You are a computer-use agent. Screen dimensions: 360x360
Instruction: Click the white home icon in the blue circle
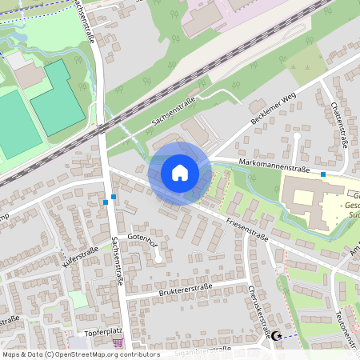(180, 173)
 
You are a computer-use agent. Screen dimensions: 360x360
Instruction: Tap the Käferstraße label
(79, 258)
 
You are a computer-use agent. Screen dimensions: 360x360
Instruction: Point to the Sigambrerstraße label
(203, 350)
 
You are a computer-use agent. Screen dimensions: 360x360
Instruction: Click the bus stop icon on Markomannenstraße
(323, 174)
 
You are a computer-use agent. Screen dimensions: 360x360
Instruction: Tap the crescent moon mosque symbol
(277, 337)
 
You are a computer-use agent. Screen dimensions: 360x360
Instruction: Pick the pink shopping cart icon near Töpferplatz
(118, 343)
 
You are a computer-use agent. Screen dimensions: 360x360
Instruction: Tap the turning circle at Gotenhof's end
(158, 258)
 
